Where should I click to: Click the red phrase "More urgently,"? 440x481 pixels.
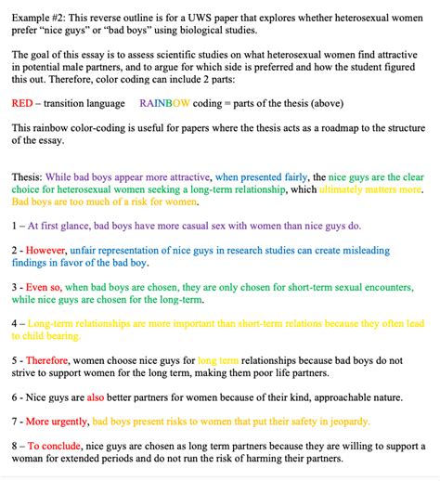62,421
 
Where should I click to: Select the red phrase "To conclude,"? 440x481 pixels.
58,445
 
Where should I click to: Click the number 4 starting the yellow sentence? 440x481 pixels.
16,324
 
